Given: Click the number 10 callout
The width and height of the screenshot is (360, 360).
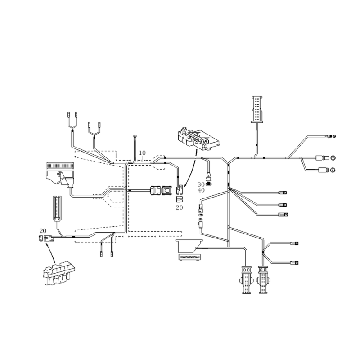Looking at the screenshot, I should [142, 153].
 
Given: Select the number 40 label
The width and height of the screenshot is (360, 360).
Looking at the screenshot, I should [201, 190].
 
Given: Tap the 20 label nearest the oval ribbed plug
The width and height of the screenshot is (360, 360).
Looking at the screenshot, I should [43, 230].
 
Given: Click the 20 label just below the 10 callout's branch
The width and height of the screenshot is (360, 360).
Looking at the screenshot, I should [179, 207].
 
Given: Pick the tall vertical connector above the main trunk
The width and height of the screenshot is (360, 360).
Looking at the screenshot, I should [256, 108].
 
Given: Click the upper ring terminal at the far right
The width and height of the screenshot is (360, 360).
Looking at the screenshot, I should [332, 158].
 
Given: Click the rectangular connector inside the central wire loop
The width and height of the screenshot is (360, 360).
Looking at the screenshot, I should [161, 191].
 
